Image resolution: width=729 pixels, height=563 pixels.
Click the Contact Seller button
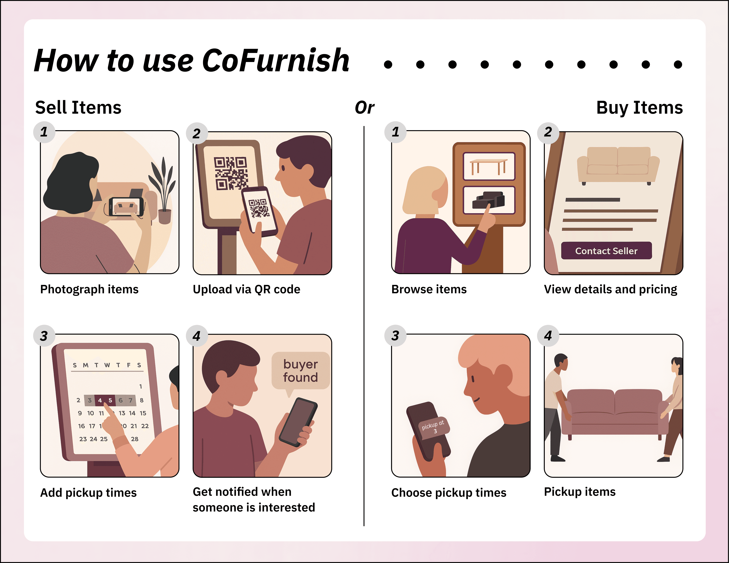point(606,251)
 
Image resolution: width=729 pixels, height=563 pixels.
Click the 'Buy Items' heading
point(639,108)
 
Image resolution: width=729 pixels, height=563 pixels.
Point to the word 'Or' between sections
point(364,107)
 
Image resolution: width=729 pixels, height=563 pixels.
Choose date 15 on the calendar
point(143,413)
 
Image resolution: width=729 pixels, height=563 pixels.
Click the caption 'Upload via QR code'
point(246,289)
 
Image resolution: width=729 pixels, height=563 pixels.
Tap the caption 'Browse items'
point(429,289)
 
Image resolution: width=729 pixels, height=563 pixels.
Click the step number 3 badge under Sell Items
point(44,336)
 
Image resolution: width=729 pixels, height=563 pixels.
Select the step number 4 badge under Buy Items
point(548,336)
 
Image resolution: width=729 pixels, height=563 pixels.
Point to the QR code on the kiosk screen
point(231,173)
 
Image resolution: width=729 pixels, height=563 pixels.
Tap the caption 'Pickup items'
point(580,492)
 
